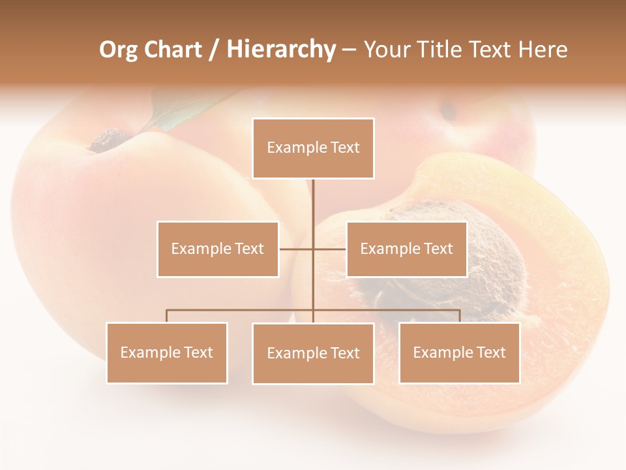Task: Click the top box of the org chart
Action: [313, 148]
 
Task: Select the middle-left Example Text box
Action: [217, 249]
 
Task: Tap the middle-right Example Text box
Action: [406, 249]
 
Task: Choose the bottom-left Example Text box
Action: [166, 352]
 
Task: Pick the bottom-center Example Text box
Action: [313, 353]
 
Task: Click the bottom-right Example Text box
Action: [459, 352]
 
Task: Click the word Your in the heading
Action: [387, 50]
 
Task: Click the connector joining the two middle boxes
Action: [313, 249]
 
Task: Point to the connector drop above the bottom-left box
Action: [166, 316]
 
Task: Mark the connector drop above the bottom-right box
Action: [460, 316]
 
